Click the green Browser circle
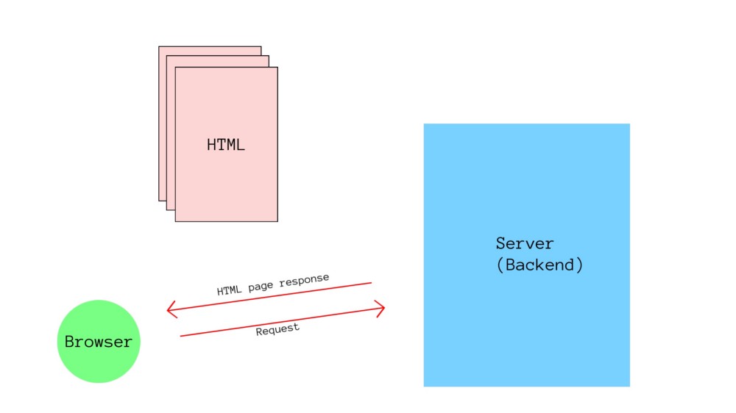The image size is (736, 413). pos(99,360)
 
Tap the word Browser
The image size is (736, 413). pos(99,342)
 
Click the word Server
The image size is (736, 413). pos(525,243)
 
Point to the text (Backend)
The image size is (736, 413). pos(539,265)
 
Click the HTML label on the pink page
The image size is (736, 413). pos(226,145)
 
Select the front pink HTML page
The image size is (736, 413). pos(226,184)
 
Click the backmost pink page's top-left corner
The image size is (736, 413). pos(160,48)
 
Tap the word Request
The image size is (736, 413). pos(277,330)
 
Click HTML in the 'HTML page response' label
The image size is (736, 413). pos(230,291)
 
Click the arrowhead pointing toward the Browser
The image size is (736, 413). pos(170,310)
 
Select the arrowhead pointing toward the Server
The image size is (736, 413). pos(383,308)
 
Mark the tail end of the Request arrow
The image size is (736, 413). pos(182,336)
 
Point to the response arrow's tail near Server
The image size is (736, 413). pos(370,282)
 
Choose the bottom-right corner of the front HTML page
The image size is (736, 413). pos(277,220)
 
